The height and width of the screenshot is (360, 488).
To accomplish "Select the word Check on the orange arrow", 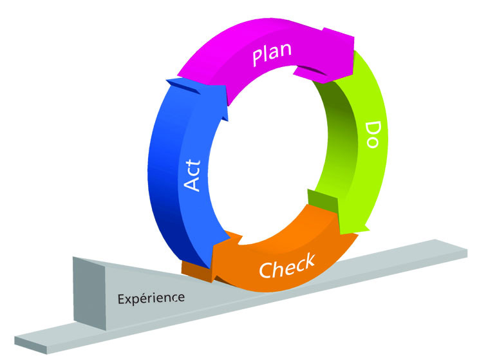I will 286,265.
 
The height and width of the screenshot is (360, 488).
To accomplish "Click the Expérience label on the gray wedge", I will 151,298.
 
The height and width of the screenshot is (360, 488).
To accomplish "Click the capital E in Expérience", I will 121,300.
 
